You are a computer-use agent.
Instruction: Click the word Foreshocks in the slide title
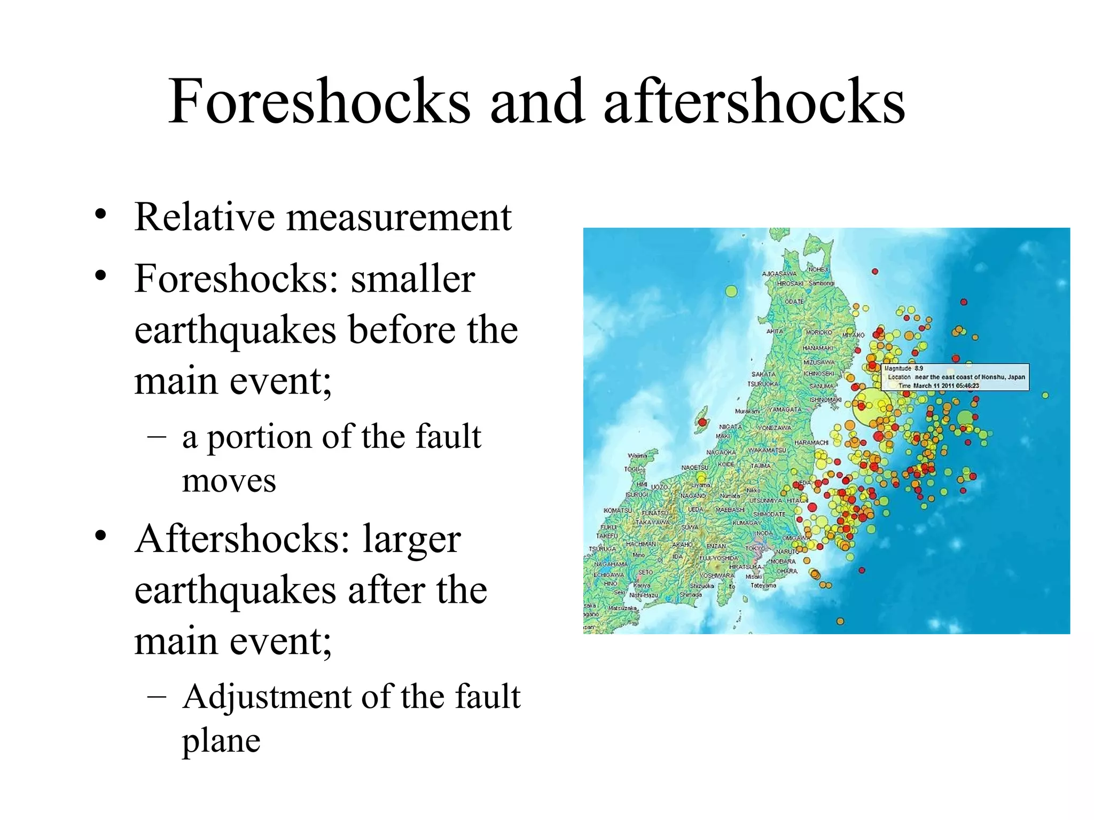[319, 101]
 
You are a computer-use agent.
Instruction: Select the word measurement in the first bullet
[398, 217]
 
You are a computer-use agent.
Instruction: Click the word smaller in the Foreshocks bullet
[412, 279]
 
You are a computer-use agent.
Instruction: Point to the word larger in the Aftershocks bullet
[411, 539]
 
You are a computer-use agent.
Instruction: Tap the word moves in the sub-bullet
[229, 481]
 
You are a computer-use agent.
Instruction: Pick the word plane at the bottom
[221, 741]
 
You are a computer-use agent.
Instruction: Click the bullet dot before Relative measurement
[100, 215]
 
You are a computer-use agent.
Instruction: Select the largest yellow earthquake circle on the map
[869, 407]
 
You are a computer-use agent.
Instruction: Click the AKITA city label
[775, 332]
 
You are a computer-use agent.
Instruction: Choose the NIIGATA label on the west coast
[730, 427]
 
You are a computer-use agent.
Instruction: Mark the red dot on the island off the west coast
[702, 423]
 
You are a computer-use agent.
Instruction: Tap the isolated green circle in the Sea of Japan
[731, 291]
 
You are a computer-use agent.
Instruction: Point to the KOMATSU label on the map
[617, 510]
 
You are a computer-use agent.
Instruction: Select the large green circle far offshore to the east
[965, 418]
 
